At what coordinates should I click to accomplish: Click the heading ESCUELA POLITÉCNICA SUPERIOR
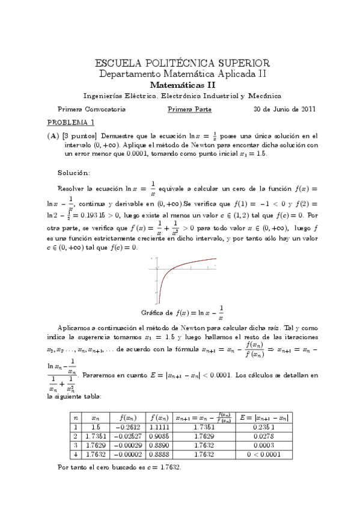[183, 63]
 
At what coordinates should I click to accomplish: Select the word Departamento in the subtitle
[126, 74]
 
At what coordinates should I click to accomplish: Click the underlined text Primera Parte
[189, 109]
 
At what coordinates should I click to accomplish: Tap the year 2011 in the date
[307, 109]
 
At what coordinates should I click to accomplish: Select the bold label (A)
[52, 136]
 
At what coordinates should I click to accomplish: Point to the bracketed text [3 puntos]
[76, 136]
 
